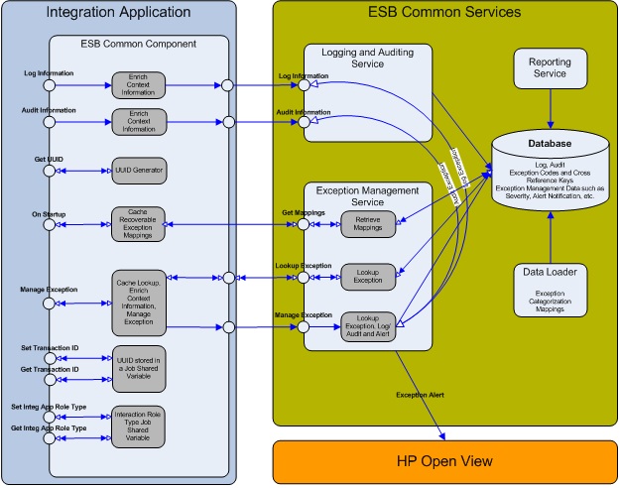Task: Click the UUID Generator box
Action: tap(139, 169)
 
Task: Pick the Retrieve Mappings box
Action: tap(367, 225)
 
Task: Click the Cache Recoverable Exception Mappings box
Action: tap(139, 225)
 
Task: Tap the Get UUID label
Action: tap(35, 159)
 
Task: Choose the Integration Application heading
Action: tap(118, 13)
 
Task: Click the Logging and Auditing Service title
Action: tap(367, 57)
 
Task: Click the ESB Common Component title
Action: tap(138, 43)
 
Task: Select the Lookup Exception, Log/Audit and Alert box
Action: tap(367, 325)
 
